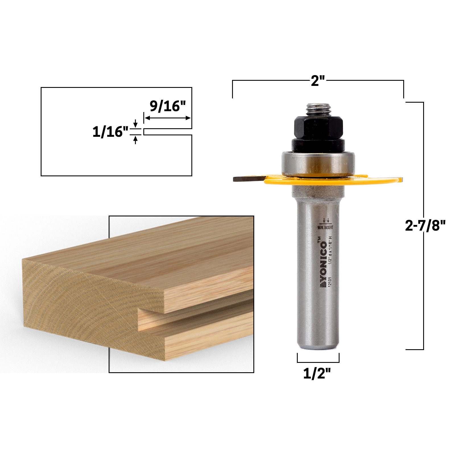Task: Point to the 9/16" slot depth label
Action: [x=167, y=107]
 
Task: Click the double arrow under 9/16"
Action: [x=167, y=118]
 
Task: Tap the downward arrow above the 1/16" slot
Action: [x=136, y=123]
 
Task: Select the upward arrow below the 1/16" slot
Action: [x=136, y=140]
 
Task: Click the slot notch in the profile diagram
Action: [x=168, y=132]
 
